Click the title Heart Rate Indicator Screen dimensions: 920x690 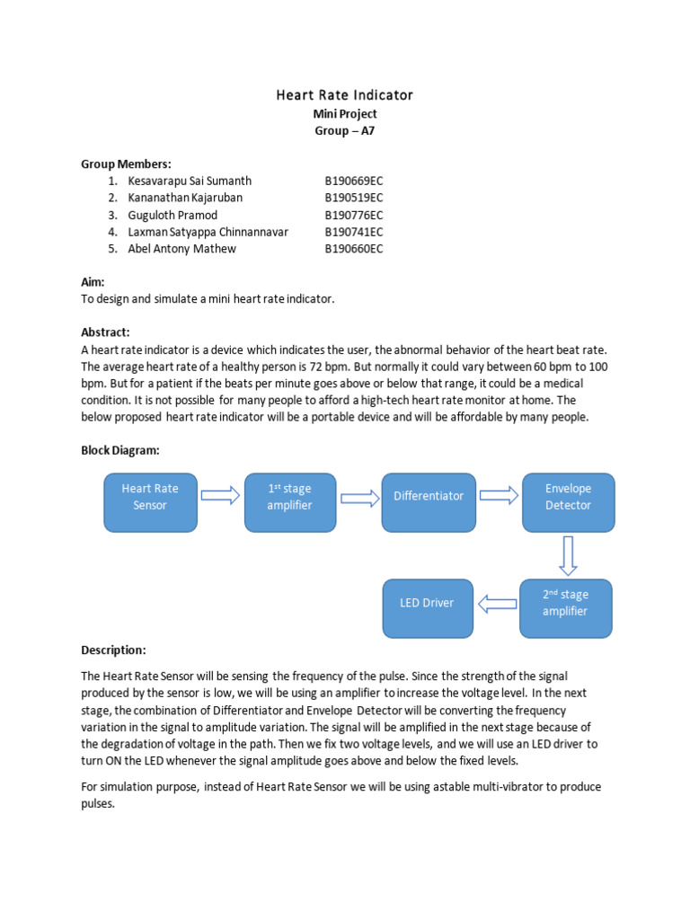344,94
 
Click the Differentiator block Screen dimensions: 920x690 429,496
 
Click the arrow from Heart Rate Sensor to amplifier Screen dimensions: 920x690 220,495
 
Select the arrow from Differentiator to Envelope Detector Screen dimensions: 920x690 499,495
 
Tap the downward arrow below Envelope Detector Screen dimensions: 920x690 567,554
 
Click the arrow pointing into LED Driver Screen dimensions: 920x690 497,604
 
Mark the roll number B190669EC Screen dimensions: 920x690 354,181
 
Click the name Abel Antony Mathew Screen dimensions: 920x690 182,249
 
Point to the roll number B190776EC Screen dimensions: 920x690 354,215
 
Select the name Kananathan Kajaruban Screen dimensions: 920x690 185,198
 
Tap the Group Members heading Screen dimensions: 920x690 126,164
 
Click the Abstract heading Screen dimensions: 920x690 106,332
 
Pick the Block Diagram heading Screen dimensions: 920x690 120,450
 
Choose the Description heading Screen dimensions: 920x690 113,650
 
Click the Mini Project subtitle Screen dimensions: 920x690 344,113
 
